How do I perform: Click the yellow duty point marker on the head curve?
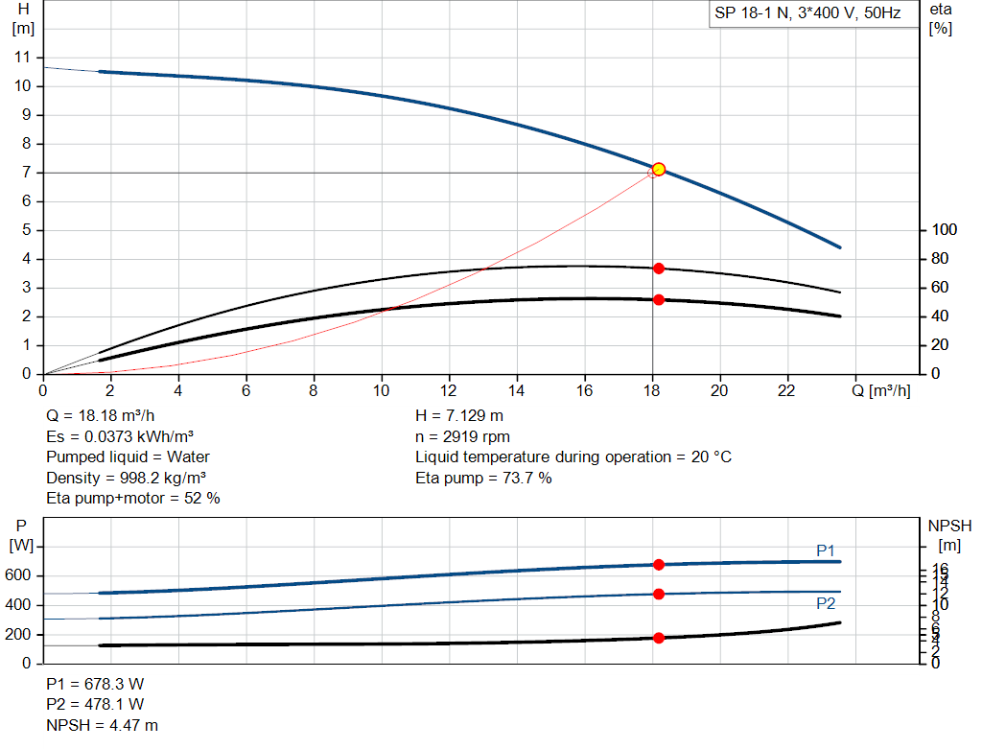click(x=658, y=169)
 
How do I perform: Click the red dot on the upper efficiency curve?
click(x=659, y=269)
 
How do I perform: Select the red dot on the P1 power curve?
click(x=659, y=565)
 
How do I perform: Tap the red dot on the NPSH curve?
click(x=659, y=638)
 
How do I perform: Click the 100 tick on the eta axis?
click(x=945, y=230)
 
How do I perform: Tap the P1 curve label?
click(x=826, y=550)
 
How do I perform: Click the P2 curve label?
click(x=826, y=603)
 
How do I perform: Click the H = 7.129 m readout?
click(x=459, y=416)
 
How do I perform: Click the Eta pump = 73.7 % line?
click(x=483, y=478)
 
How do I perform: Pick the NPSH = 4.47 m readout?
click(x=103, y=725)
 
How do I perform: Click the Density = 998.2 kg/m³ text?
click(x=128, y=478)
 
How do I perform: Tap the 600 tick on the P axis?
click(x=21, y=576)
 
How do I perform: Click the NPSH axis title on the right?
click(x=949, y=526)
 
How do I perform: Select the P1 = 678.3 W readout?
click(x=95, y=685)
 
